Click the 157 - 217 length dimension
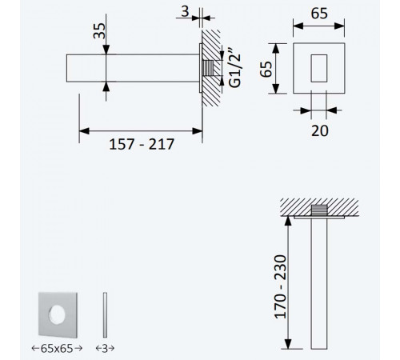coord(142,144)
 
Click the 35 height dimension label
coord(100,31)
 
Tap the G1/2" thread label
coord(234,68)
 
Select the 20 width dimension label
coord(320,130)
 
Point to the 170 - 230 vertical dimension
coord(280,287)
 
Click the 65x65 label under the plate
coord(57,348)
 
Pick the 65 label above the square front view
coord(319,14)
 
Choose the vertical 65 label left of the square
coord(266,69)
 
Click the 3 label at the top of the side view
coord(185,11)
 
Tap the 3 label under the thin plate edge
coord(105,348)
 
